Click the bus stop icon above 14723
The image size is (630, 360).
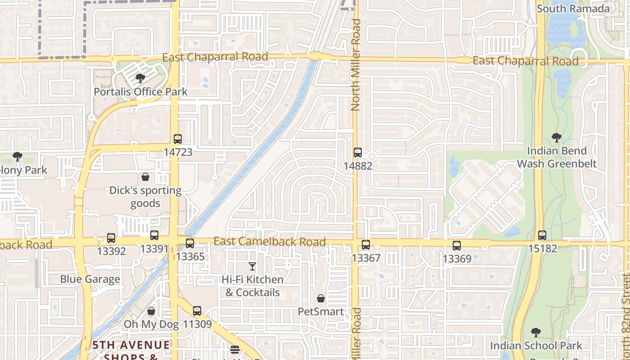pyautogui.click(x=178, y=139)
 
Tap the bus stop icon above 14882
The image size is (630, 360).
pyautogui.click(x=358, y=153)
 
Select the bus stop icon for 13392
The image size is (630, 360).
pyautogui.click(x=111, y=238)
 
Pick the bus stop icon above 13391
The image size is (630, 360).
pyautogui.click(x=154, y=235)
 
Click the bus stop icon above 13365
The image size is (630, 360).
pyautogui.click(x=190, y=243)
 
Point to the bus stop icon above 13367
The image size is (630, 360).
pyautogui.click(x=366, y=245)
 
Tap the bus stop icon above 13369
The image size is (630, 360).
pyautogui.click(x=457, y=246)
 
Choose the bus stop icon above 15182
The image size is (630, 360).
pyautogui.click(x=542, y=235)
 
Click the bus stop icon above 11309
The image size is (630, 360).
pyautogui.click(x=197, y=310)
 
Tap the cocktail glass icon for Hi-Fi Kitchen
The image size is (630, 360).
pyautogui.click(x=252, y=266)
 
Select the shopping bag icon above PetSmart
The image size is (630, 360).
pyautogui.click(x=321, y=298)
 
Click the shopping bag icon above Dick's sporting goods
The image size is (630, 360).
pyautogui.click(x=145, y=177)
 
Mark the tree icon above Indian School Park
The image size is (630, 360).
pyautogui.click(x=536, y=333)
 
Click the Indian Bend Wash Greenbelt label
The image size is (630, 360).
pyautogui.click(x=557, y=157)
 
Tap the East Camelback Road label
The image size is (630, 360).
pyautogui.click(x=270, y=242)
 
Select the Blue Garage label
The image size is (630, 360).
pyautogui.click(x=90, y=279)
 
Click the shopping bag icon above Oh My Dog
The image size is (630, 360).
pyautogui.click(x=151, y=311)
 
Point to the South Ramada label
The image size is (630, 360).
pyautogui.click(x=573, y=9)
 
